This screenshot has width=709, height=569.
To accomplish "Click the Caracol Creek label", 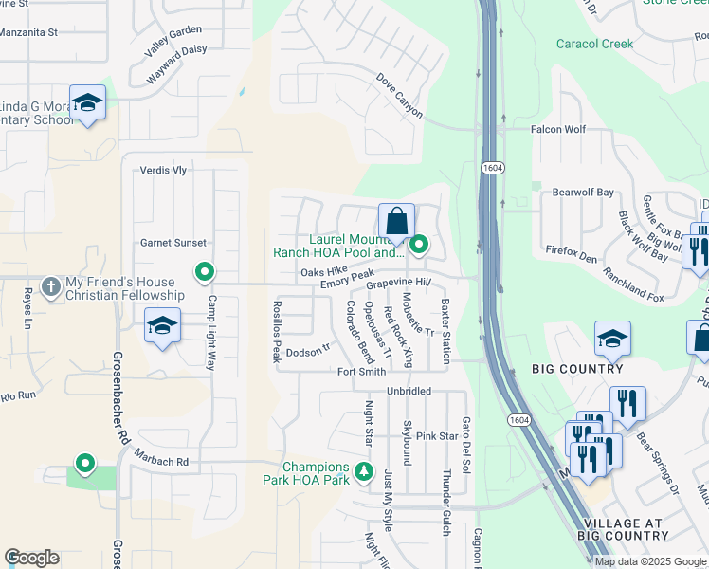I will [x=594, y=44].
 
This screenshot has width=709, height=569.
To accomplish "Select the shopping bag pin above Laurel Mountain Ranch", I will [x=396, y=222].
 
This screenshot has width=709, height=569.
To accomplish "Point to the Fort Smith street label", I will [x=361, y=372].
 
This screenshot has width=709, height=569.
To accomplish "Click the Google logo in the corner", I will [x=31, y=558].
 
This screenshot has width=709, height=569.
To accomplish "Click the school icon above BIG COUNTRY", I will [x=612, y=339].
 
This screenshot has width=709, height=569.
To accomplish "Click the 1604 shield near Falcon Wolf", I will [x=492, y=167].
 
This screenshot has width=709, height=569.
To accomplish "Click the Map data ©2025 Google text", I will [x=650, y=561].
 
